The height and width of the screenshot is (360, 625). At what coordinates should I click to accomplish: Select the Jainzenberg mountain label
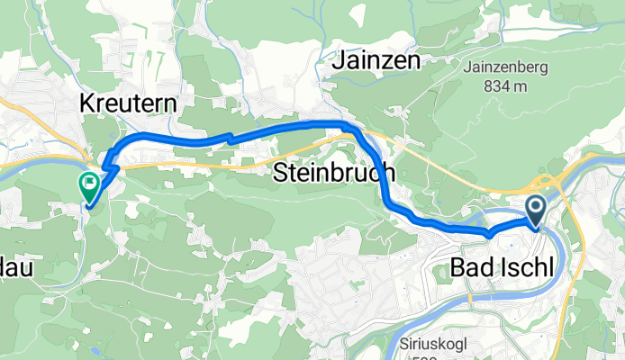tap(505, 66)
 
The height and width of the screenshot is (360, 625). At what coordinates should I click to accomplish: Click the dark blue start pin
tap(536, 211)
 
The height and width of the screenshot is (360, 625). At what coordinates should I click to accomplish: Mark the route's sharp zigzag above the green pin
tap(107, 163)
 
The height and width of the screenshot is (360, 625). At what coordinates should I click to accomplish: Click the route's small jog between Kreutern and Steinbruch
tap(230, 138)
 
